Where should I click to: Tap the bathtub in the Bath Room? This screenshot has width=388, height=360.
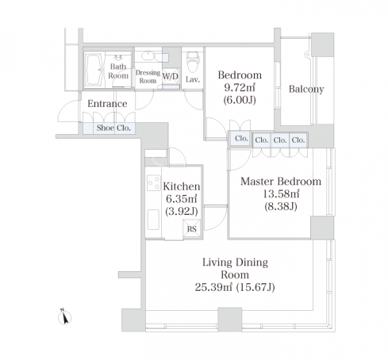coord(94,70)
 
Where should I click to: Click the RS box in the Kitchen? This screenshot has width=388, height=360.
coord(191,228)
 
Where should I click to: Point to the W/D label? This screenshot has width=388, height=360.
coord(171,76)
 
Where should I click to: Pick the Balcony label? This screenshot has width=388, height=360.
coord(306,90)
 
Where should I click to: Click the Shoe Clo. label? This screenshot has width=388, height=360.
coord(113,128)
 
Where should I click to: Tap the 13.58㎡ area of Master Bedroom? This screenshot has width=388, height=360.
coord(281,193)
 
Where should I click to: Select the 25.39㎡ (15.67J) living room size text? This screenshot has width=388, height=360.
coord(235,287)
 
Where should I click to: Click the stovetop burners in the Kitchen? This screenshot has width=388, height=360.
coord(154,183)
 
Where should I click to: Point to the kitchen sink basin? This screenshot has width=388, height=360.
coord(153,220)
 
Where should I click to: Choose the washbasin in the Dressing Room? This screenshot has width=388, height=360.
coord(148,56)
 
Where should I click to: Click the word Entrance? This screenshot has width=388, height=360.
coord(107,104)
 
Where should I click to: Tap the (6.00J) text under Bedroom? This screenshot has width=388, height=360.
coord(240,100)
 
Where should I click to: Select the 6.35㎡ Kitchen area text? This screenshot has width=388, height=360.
coord(182,198)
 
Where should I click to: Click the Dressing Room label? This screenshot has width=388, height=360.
coord(148,76)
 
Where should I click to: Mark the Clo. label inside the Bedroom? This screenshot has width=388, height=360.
coord(241,138)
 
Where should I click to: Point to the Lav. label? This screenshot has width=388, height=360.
coord(193,79)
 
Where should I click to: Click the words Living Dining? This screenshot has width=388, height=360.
coord(235,262)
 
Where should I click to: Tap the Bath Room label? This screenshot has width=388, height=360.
coord(118,71)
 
